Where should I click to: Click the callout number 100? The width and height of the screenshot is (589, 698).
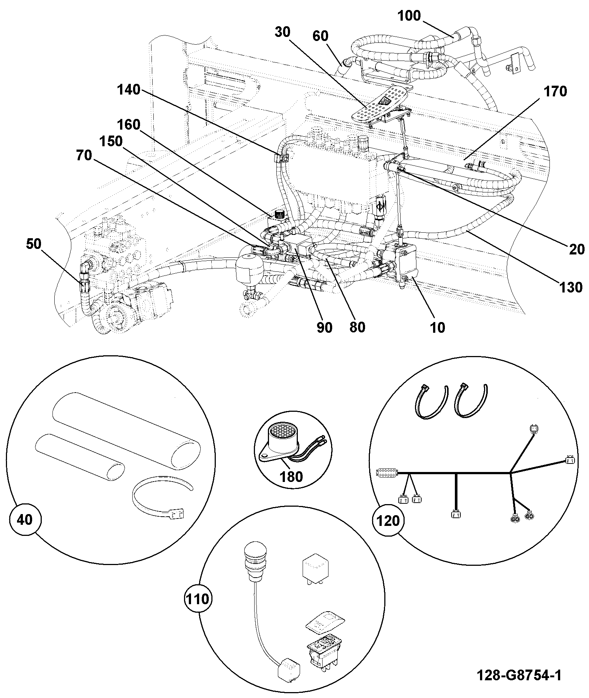coord(409,16)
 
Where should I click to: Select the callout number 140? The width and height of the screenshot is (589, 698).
coord(129,89)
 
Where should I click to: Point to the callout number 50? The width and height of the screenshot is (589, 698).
coord(34,244)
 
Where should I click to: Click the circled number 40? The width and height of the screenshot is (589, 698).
coord(25,520)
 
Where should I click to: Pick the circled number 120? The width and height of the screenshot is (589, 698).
coord(388,520)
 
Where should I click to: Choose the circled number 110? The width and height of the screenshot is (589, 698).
coord(197,599)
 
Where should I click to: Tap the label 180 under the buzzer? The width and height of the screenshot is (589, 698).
coord(292,476)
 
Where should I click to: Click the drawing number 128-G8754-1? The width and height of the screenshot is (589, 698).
coord(519,675)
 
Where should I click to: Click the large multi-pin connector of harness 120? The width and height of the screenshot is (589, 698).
coord(387,473)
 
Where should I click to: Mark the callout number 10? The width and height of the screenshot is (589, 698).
coord(438,328)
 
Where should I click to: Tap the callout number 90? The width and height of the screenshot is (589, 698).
coord(324,328)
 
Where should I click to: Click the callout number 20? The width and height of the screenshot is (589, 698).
coord(577,250)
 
